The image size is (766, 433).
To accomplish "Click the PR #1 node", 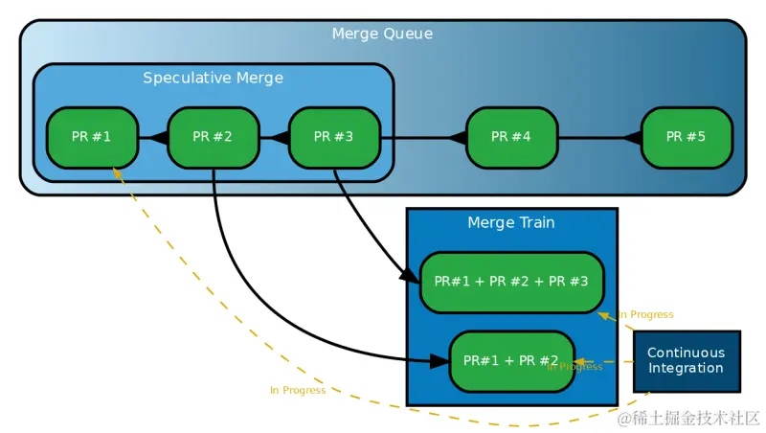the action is (x=92, y=137).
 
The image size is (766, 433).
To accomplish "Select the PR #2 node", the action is (x=214, y=137).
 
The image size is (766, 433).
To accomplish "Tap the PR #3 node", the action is (x=334, y=137).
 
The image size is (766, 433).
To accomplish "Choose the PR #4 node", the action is (x=511, y=137).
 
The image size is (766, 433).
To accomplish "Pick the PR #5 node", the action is (x=687, y=137).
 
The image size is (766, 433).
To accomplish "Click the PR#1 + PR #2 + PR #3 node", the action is (x=511, y=282).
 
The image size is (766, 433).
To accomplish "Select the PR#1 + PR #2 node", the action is (x=511, y=361).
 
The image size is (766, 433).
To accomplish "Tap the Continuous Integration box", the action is (x=687, y=360).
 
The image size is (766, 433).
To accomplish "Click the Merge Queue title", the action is (x=382, y=34).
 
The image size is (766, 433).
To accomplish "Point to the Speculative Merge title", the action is (x=213, y=78).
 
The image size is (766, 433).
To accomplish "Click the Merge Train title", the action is (x=511, y=222).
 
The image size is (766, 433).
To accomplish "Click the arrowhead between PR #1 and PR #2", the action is (x=159, y=138).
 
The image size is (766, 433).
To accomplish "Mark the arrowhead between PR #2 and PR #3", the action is (x=280, y=138).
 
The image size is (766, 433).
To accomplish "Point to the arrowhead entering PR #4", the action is (x=458, y=138).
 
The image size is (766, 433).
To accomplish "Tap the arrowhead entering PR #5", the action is (x=632, y=138).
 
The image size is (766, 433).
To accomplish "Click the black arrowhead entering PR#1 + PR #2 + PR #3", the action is (x=409, y=275).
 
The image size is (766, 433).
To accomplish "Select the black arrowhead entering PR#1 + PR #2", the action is (x=439, y=361).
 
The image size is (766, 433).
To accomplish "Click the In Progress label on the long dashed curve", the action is (x=298, y=390).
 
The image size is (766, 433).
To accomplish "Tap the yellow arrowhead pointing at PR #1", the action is (x=117, y=172).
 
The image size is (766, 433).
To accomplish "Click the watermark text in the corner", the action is (x=687, y=418).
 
